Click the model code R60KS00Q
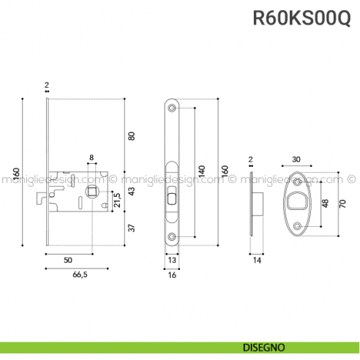click(301, 18)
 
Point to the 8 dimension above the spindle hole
click(91, 157)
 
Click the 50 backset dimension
click(67, 260)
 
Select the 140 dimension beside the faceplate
click(201, 171)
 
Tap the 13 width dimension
click(171, 260)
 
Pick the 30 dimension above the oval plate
click(296, 160)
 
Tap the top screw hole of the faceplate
click(172, 108)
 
